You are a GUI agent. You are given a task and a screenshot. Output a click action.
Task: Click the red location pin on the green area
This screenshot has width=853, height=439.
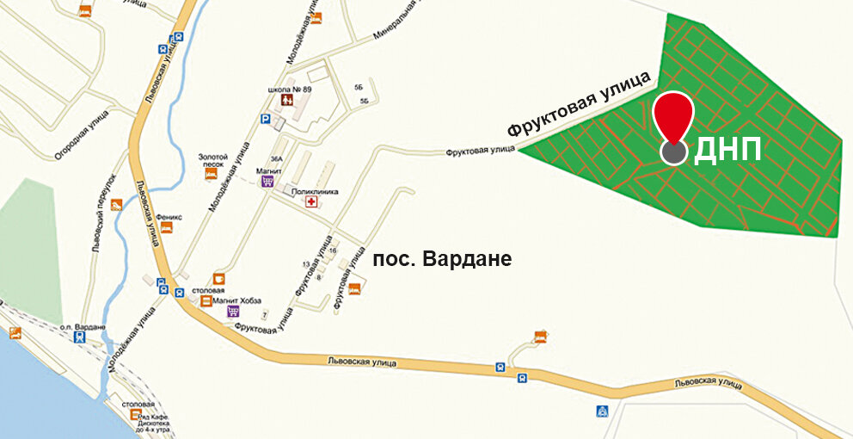click(x=673, y=121)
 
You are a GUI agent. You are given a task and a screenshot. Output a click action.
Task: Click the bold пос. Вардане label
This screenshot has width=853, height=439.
click(x=442, y=258)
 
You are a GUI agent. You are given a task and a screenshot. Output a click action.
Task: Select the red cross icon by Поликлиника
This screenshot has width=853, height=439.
click(x=312, y=201)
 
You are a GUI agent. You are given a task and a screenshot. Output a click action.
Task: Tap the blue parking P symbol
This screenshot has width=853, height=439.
click(x=266, y=121)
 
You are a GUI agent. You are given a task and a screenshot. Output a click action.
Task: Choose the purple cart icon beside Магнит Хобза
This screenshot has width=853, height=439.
click(x=232, y=311)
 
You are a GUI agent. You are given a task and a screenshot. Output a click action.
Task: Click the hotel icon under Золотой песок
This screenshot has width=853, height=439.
click(x=210, y=175)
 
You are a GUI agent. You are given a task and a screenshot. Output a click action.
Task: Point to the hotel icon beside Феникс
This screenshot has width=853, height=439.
click(x=166, y=228)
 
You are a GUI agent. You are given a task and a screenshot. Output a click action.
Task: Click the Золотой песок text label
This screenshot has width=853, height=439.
click(x=212, y=160)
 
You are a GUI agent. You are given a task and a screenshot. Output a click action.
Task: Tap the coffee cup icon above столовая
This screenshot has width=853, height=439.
click(x=218, y=279)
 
